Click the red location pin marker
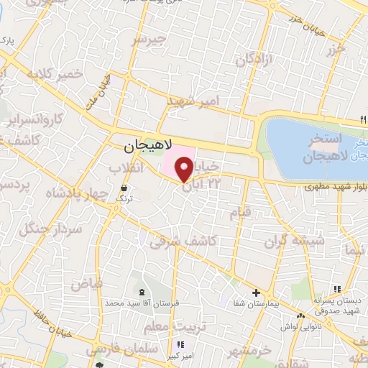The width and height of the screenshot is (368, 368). (x=184, y=169)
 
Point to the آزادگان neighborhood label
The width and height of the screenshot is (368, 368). (x=255, y=63)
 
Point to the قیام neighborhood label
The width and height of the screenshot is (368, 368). (x=239, y=213)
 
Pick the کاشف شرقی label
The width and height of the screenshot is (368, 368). (x=184, y=242)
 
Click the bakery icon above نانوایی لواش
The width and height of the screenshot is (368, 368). (x=302, y=315)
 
